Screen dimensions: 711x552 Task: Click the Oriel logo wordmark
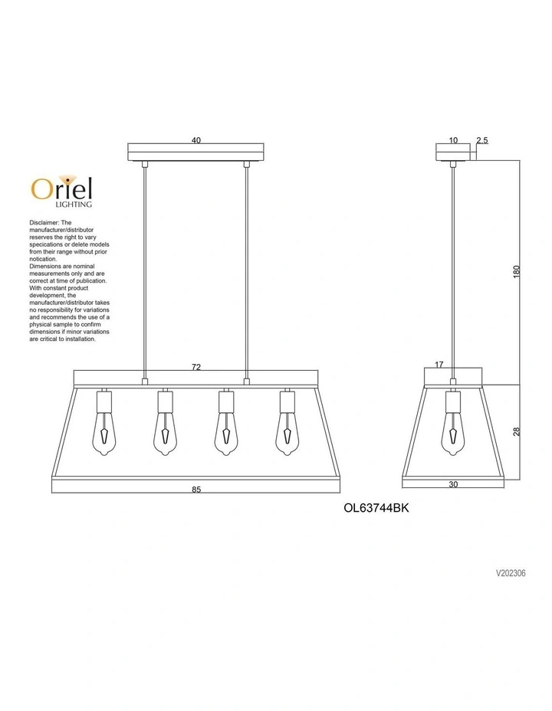click(x=62, y=187)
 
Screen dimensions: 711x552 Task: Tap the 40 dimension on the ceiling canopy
click(x=196, y=140)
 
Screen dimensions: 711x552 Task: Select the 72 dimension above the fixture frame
click(x=196, y=368)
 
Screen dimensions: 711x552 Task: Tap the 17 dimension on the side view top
click(x=440, y=365)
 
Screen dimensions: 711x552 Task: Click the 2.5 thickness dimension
click(x=482, y=140)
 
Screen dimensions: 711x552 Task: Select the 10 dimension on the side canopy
click(x=453, y=140)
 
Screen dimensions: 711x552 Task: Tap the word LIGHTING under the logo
click(x=75, y=205)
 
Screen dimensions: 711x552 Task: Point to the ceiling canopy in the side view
click(x=453, y=152)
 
